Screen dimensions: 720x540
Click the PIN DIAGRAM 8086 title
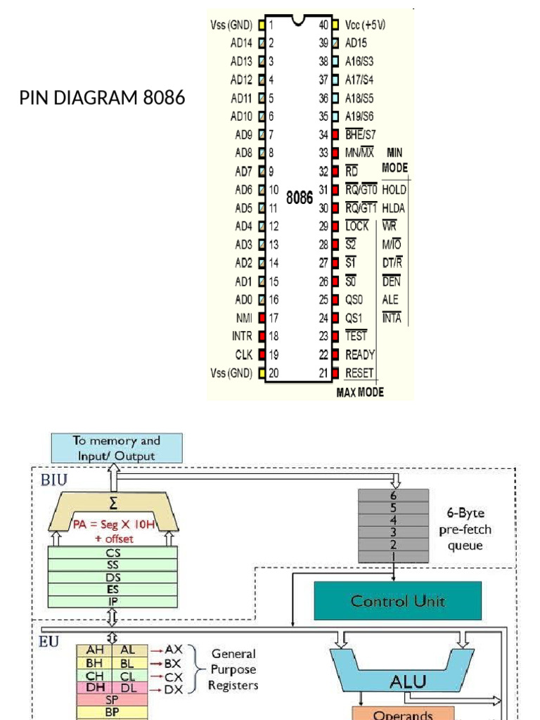coord(103,98)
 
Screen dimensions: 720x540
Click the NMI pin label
coord(244,318)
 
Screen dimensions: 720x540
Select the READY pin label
coord(360,355)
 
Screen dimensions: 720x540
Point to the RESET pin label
coord(359,373)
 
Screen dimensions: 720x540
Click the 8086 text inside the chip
coord(300,198)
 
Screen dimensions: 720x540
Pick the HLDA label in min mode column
coord(394,208)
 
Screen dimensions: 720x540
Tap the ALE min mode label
coord(390,300)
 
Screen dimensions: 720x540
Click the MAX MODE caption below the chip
coord(360,392)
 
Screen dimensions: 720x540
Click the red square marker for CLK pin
coord(262,355)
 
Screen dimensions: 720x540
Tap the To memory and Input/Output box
coord(117,448)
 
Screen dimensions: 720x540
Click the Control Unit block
coord(397,601)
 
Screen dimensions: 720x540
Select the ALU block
coord(399,681)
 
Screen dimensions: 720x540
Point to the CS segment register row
coord(112,553)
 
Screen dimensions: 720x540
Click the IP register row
coord(112,601)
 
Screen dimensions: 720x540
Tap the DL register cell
coord(128,688)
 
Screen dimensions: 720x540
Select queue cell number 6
coord(393,495)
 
